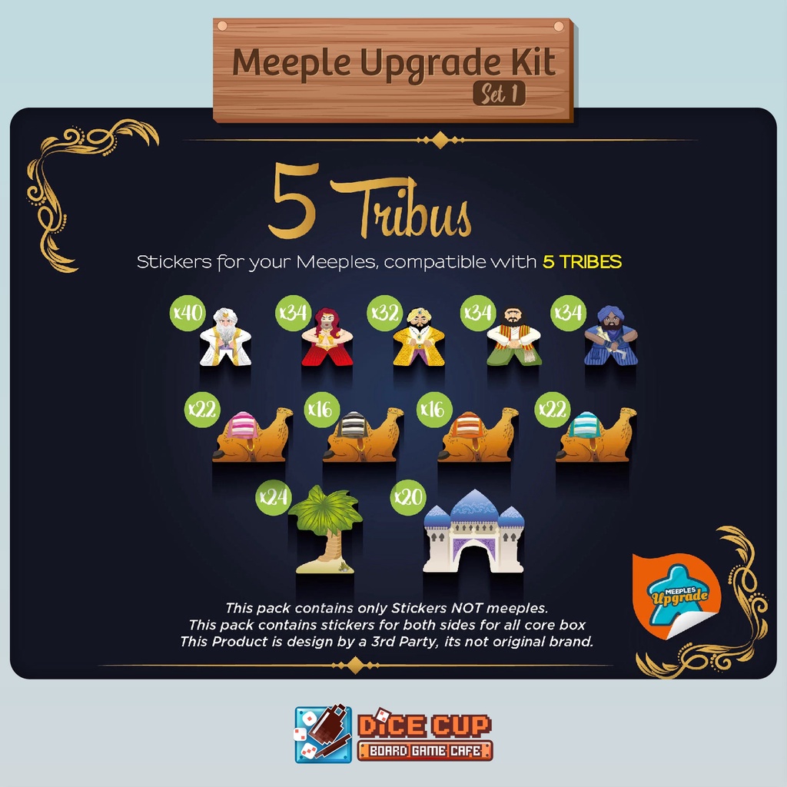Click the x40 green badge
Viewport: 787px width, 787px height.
[x=188, y=313]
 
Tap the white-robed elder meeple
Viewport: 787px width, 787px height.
[x=225, y=337]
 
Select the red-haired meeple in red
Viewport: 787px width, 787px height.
[x=327, y=337]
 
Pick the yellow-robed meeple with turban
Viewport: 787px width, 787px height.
[x=419, y=337]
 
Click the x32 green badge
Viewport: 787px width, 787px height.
[x=385, y=313]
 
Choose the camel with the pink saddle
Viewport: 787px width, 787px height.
[x=252, y=435]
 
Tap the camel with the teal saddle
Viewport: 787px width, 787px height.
[x=596, y=435]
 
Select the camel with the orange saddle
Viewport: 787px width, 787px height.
[x=478, y=435]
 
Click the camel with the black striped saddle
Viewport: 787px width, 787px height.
[x=363, y=435]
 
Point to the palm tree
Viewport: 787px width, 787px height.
[x=325, y=530]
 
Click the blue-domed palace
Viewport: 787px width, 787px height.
[x=473, y=532]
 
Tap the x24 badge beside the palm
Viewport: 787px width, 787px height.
[x=274, y=497]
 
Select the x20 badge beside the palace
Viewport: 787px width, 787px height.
[x=408, y=497]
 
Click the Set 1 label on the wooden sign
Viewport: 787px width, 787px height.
[x=500, y=93]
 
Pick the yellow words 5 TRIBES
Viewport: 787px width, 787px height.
[x=583, y=261]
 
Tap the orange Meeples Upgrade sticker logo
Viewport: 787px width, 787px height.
[x=677, y=596]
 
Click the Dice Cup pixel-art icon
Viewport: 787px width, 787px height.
[x=324, y=734]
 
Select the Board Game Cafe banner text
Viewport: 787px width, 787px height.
[x=425, y=751]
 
